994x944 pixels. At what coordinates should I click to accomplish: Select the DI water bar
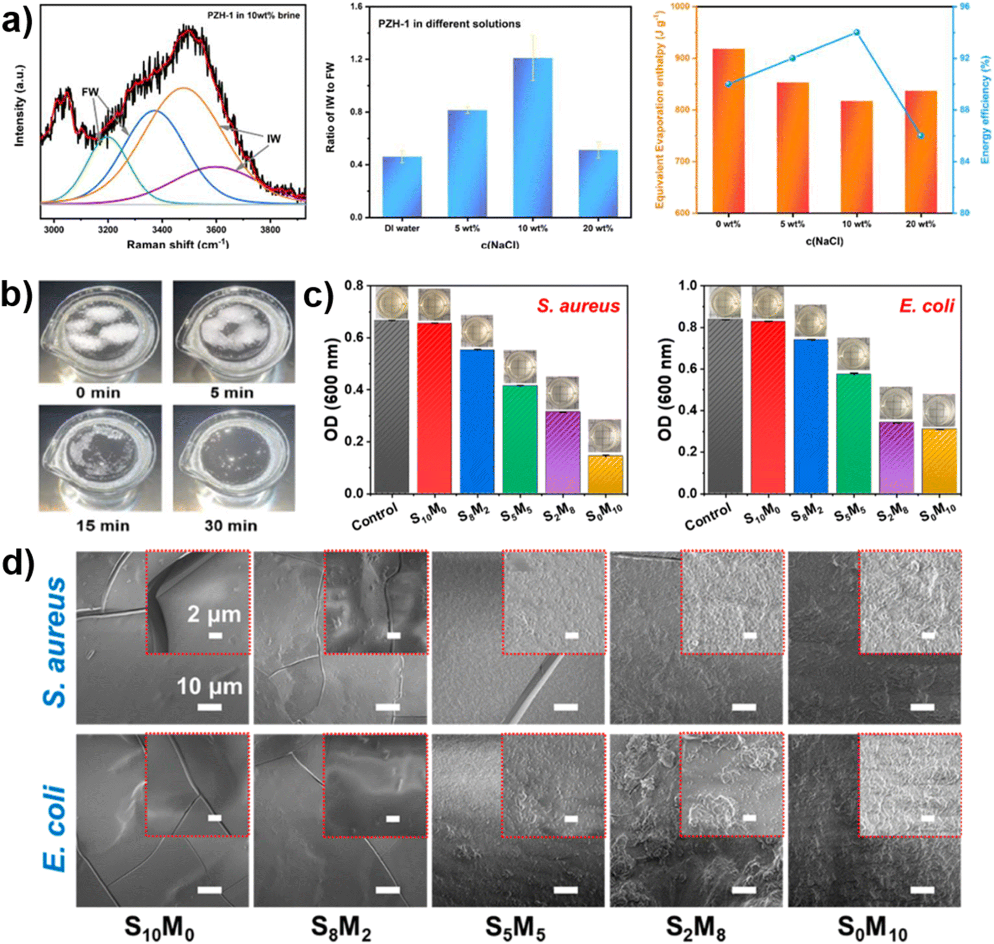click(x=401, y=186)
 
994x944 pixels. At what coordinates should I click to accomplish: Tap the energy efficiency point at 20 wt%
click(x=920, y=135)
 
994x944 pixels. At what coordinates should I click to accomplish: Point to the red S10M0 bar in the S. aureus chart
click(x=434, y=408)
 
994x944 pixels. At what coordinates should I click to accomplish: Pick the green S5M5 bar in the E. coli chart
click(x=854, y=433)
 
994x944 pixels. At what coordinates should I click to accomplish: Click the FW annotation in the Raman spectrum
click(x=90, y=92)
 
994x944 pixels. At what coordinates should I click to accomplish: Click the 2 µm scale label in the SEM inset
click(x=214, y=614)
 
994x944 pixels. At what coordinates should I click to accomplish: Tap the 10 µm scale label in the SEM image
click(x=209, y=686)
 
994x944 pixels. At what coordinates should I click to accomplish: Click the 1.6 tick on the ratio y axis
click(x=356, y=7)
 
